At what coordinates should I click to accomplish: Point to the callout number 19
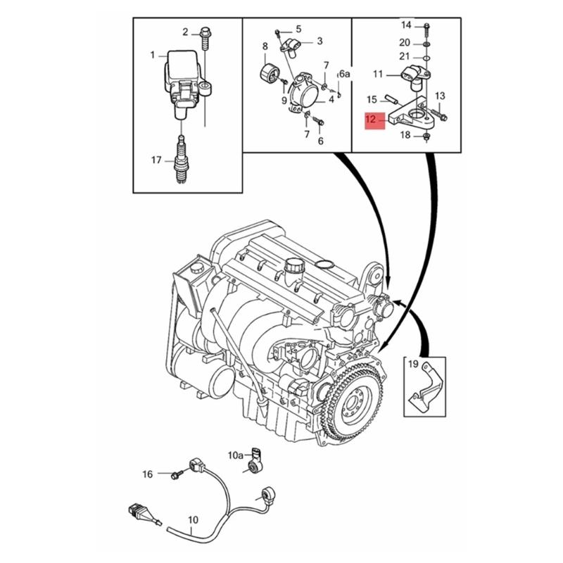pos(413,365)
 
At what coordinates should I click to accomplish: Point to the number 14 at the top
pos(406,25)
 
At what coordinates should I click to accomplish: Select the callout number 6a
pos(344,74)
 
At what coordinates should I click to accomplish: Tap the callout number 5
pos(298,29)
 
